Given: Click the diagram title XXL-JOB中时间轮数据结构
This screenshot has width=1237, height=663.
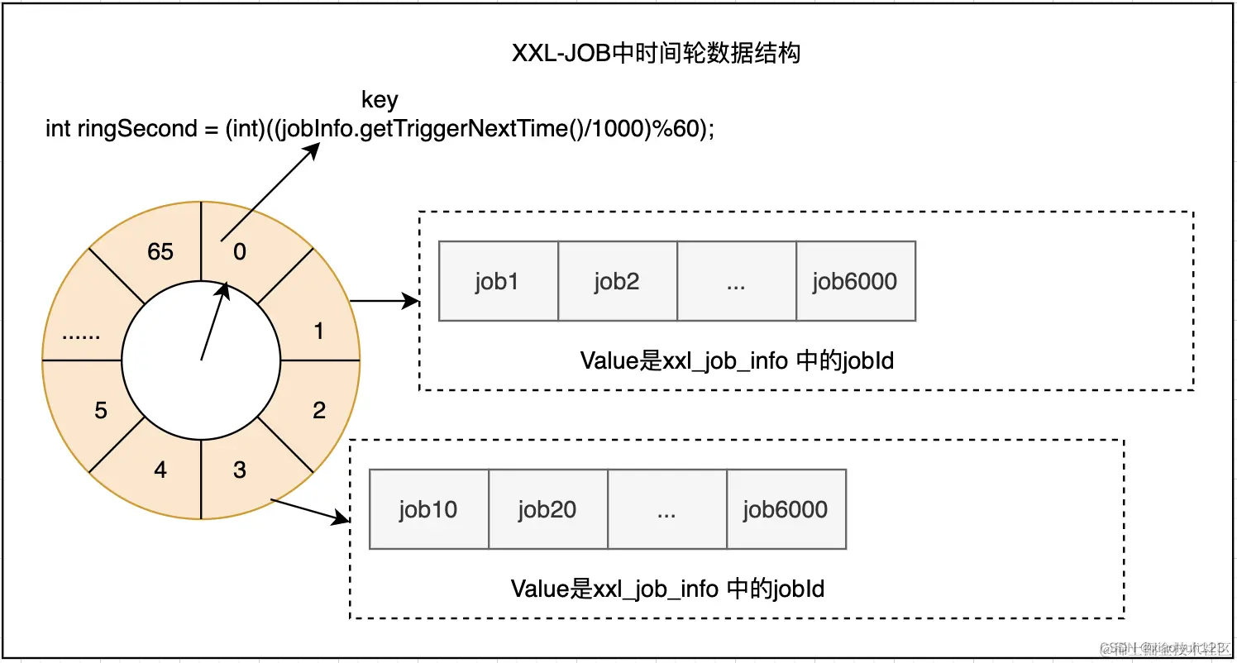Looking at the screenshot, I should [656, 55].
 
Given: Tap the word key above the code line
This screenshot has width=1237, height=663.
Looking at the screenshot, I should [380, 100].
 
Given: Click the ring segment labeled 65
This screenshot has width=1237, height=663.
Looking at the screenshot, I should [160, 250].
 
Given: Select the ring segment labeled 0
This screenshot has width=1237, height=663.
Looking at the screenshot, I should [240, 250].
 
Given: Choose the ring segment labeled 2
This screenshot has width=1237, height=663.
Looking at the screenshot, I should [319, 409].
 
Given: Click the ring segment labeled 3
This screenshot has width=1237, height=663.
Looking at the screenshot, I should [240, 470].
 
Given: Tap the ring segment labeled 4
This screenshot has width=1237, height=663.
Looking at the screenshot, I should [160, 470].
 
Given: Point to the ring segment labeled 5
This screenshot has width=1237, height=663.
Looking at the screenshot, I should [100, 409].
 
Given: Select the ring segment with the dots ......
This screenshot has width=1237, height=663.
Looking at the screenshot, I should [81, 334].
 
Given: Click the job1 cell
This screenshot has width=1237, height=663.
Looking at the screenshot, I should [498, 281].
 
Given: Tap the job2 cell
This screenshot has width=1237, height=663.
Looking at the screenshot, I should [617, 281].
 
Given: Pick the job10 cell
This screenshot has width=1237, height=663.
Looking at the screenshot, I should [428, 509].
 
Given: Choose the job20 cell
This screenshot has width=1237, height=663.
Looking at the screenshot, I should [547, 509].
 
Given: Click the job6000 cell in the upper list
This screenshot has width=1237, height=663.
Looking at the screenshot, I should [855, 281].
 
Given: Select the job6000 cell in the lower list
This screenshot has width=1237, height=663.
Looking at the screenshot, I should [786, 509].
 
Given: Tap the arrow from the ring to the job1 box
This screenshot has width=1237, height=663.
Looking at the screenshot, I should [385, 302].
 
